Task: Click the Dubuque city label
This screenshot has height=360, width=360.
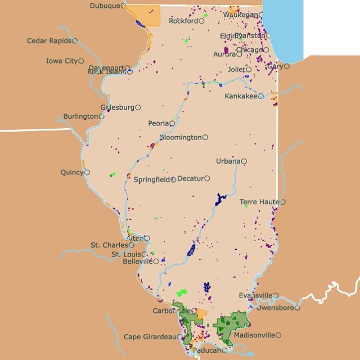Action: click(105, 6)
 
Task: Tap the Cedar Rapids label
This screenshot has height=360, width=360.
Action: click(49, 41)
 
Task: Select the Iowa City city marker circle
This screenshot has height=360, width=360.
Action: click(81, 61)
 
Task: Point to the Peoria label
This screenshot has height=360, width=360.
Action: click(159, 123)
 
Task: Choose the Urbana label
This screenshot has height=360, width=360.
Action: click(228, 161)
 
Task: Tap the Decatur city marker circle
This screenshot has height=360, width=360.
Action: click(207, 178)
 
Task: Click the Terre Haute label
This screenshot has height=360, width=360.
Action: click(259, 202)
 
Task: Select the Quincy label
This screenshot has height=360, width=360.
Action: click(71, 173)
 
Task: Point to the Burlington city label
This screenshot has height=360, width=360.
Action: click(80, 116)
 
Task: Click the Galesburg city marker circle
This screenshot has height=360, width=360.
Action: click(138, 107)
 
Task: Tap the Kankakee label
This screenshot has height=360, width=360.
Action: click(241, 96)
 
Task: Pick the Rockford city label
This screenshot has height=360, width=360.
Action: click(183, 21)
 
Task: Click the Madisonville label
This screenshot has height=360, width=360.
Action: click(254, 335)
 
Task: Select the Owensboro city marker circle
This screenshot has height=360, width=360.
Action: click(298, 308)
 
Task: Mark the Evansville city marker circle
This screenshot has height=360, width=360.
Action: click(276, 295)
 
